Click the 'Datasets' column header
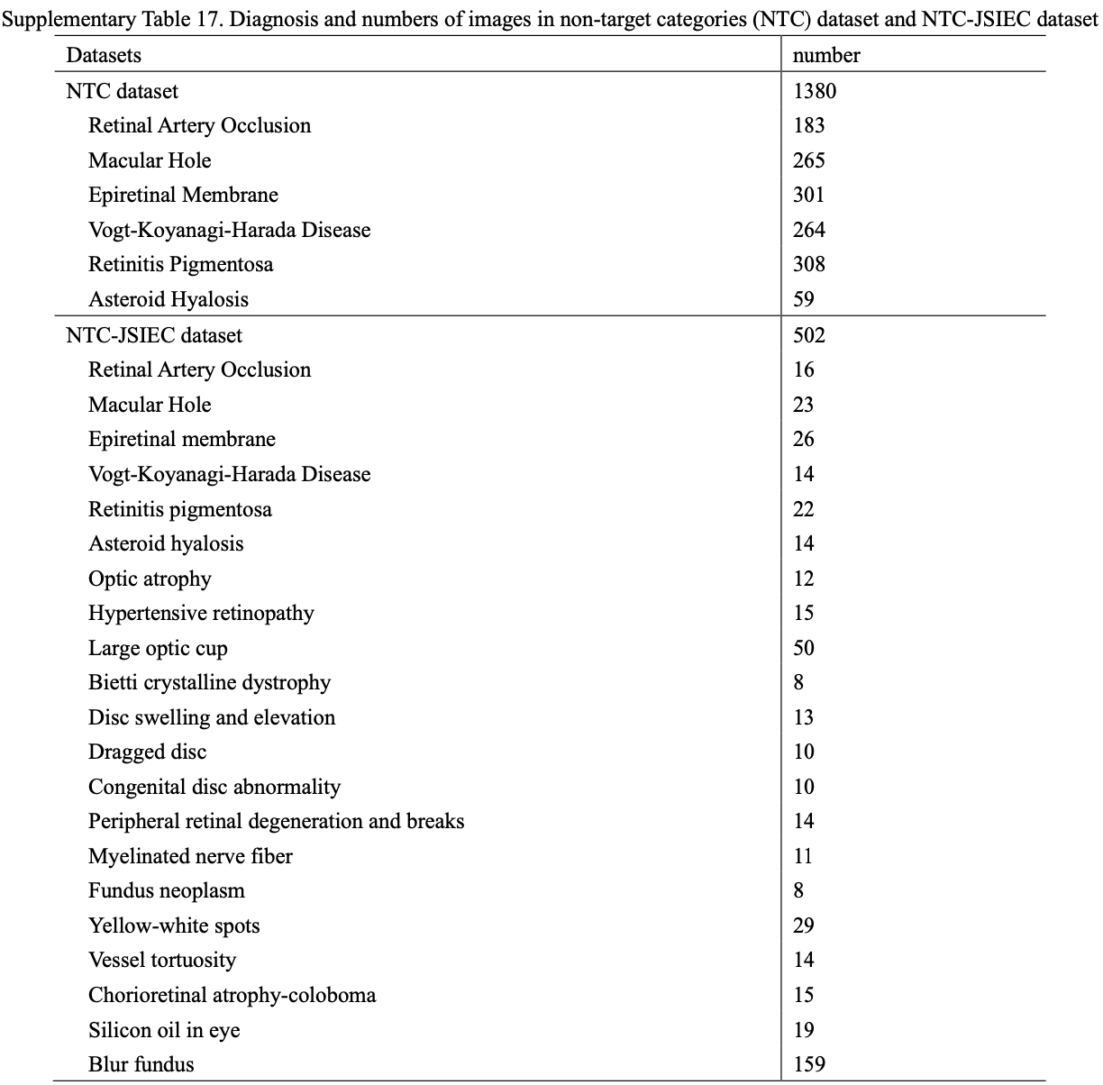104,55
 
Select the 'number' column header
826,55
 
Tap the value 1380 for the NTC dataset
815,91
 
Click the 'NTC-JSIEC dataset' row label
154,335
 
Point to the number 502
809,335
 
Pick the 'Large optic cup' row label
158,648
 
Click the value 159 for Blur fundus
809,1064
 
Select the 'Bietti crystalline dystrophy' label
209,682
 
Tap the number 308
809,264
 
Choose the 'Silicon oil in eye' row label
164,1030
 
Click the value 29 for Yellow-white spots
804,925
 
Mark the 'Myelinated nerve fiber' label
190,856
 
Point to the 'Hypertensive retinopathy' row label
201,613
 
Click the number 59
804,299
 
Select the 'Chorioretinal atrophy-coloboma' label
232,995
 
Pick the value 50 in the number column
804,648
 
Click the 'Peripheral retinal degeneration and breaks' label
276,821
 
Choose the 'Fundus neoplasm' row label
166,890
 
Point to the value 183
809,125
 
